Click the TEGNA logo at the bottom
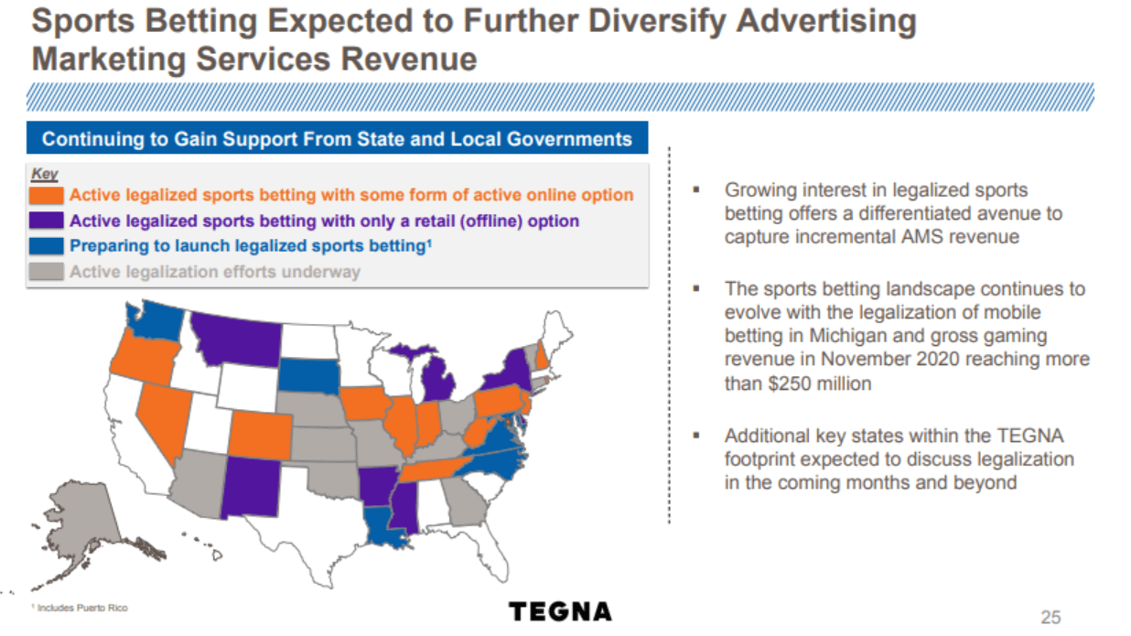coord(560,611)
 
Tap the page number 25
coord(1050,617)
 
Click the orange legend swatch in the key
coord(48,195)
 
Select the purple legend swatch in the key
coord(48,221)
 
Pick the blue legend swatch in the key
coord(48,246)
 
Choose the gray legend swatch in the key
coord(48,272)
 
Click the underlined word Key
coord(44,174)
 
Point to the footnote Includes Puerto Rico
coord(82,609)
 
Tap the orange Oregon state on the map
coord(143,358)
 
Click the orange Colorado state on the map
coord(260,435)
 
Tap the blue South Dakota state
coord(309,374)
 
